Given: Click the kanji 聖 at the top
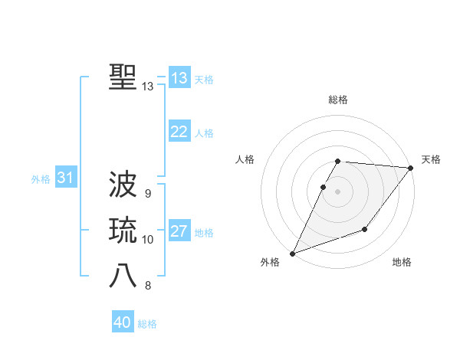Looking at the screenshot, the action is (x=123, y=77).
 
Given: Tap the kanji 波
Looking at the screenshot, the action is (x=123, y=184).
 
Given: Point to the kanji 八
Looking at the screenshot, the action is (x=123, y=277).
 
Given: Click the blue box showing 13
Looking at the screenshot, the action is (x=179, y=78).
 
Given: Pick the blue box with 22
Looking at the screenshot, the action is (x=179, y=132).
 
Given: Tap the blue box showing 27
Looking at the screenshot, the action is (x=179, y=231).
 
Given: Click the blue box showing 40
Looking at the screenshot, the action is (x=123, y=322).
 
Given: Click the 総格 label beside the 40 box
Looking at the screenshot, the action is (x=147, y=324).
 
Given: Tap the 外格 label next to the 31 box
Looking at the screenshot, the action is (x=41, y=179).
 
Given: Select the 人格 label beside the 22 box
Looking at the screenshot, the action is (x=204, y=133).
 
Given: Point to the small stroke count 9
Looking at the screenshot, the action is (x=147, y=193).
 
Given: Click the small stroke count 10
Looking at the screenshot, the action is (x=148, y=240).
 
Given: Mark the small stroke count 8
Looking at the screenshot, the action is (x=147, y=286).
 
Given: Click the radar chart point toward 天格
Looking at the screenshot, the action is (x=411, y=169).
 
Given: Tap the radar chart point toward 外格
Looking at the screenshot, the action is (x=292, y=253).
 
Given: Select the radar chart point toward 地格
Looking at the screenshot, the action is (x=365, y=229).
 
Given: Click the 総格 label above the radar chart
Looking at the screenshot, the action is (x=338, y=100).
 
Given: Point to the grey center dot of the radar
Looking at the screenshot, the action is (x=338, y=191).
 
